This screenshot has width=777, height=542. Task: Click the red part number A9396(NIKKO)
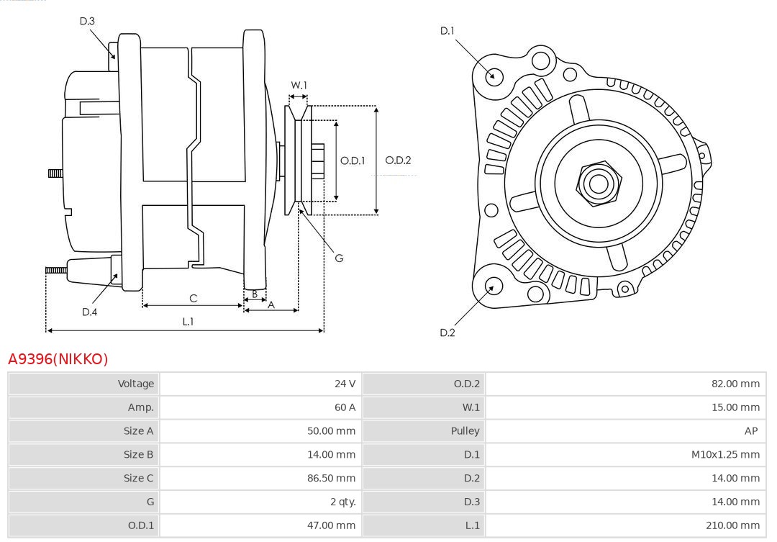point(58,359)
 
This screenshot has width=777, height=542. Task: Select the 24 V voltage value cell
point(345,384)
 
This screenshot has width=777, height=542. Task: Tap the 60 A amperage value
point(345,407)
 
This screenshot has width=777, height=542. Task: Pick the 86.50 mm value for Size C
point(332,478)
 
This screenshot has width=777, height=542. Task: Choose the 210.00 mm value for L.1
point(733,525)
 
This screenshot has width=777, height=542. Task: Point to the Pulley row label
point(465,431)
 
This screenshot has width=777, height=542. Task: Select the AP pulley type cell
point(751,431)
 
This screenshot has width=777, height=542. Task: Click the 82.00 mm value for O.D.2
point(735,384)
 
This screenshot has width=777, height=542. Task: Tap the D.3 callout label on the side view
point(87,22)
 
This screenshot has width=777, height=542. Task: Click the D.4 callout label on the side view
point(89,312)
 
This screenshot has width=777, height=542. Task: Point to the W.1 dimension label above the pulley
point(299,86)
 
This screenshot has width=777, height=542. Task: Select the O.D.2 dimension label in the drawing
point(398,161)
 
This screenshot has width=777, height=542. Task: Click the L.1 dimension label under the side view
point(188,322)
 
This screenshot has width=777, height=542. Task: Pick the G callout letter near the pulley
point(339,258)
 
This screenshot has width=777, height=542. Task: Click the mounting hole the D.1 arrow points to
point(494,75)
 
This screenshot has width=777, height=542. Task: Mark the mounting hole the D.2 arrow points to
point(493,286)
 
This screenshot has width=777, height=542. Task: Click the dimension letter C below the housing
point(193,298)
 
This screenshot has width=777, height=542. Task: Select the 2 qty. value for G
point(340,502)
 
